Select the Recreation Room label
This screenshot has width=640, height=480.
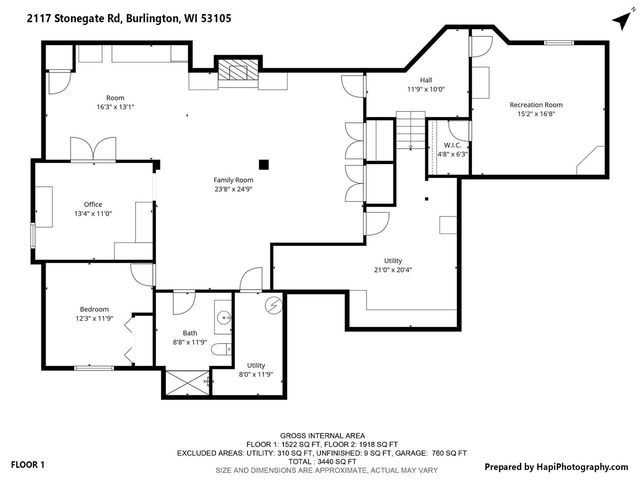point(536,105)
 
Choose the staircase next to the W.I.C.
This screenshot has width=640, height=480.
point(410,131)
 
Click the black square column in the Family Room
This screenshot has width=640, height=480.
point(264,164)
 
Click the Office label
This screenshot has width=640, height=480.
point(93,204)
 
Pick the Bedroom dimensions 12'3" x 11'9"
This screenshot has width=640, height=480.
point(95,319)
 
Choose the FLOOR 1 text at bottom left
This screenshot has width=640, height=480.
point(28,465)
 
